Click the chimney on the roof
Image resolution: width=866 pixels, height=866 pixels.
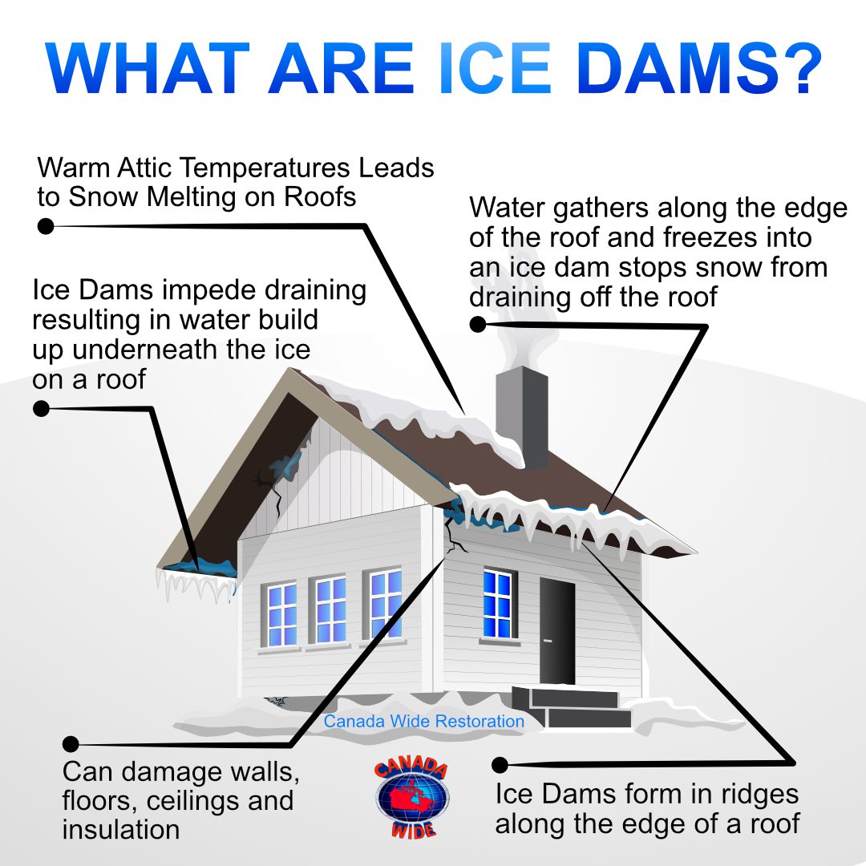pyautogui.click(x=522, y=413)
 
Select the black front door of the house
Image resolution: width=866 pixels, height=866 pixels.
pyautogui.click(x=556, y=630)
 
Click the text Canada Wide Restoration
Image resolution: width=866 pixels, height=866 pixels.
pyautogui.click(x=424, y=722)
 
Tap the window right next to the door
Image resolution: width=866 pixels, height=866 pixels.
pyautogui.click(x=498, y=603)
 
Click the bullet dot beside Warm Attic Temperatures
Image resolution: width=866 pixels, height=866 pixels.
pyautogui.click(x=46, y=226)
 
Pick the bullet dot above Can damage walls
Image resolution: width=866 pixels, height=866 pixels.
pyautogui.click(x=71, y=744)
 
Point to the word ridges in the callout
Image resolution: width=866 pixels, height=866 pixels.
pyautogui.click(x=748, y=794)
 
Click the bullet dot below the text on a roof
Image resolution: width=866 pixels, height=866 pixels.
pyautogui.click(x=42, y=409)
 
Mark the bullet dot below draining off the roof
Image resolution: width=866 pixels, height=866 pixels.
pyautogui.click(x=478, y=325)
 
